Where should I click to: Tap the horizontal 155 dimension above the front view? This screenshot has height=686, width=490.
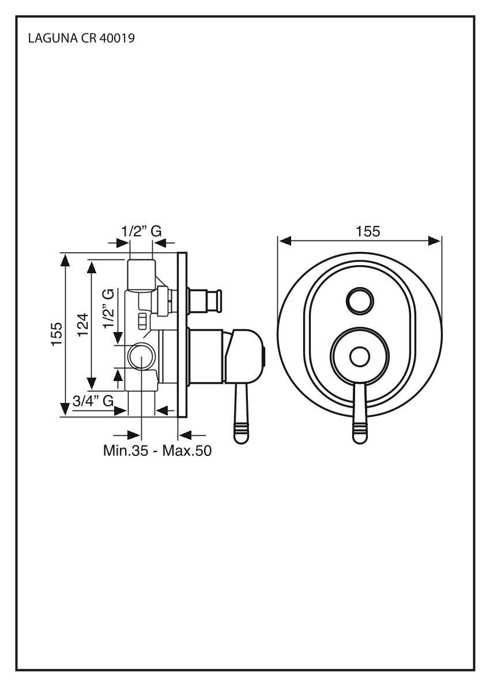tap(367, 231)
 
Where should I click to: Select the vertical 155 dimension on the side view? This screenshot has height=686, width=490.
tap(56, 335)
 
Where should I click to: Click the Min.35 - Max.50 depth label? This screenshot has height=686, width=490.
tap(157, 450)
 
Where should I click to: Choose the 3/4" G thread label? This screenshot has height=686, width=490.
tap(93, 401)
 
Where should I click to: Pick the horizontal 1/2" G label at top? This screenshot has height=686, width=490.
tap(141, 231)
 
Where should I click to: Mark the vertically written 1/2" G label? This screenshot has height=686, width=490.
tap(107, 309)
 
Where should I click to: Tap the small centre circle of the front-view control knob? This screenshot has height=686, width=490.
tap(360, 357)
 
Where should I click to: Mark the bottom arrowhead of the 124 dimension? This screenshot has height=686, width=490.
tap(91, 383)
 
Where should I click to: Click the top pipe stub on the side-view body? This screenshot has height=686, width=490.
tap(141, 273)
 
